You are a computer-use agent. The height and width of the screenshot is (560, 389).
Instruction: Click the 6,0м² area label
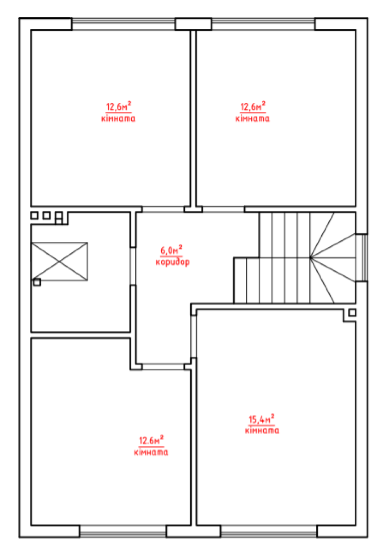tap(171, 250)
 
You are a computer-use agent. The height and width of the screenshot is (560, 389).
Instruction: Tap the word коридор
tap(173, 262)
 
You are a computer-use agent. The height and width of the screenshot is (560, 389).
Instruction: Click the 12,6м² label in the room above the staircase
tap(253, 106)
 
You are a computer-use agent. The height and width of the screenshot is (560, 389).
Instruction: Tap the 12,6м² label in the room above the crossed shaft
tap(119, 106)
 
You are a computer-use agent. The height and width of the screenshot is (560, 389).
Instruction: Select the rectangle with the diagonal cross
tap(60, 261)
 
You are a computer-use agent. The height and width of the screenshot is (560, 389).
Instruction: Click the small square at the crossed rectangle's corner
tap(37, 282)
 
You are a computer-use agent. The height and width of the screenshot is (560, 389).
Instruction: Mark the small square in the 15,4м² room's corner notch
tap(352, 312)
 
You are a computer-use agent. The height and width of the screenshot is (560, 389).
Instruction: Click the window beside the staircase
tap(364, 257)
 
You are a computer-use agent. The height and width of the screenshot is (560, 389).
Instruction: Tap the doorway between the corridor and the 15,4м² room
tap(193, 336)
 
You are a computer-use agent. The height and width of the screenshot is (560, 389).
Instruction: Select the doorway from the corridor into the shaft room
tap(133, 266)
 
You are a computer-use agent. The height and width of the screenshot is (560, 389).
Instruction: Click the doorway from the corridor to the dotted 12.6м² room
tap(163, 366)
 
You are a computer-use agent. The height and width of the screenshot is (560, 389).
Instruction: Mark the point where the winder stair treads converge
tap(310, 257)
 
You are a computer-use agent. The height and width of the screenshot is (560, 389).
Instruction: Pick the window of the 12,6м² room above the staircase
tap(263, 24)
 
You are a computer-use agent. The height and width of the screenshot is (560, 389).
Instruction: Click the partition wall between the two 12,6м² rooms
tap(193, 118)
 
